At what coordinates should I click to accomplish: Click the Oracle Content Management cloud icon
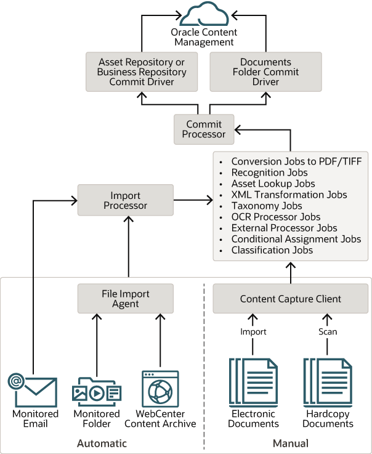point(203,15)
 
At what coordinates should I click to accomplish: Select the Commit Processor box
point(204,129)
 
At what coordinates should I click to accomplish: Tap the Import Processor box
point(125,200)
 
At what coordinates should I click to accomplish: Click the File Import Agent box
point(125,298)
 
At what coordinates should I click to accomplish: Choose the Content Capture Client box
point(290,299)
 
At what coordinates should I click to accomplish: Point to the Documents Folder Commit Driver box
point(265,71)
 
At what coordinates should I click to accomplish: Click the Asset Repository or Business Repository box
point(141,71)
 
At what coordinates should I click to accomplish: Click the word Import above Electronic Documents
point(253,331)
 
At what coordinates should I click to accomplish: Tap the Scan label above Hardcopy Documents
point(328,331)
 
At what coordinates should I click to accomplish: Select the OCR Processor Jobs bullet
point(275,217)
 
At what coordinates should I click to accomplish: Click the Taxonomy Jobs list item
point(266,206)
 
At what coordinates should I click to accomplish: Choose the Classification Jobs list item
point(272,250)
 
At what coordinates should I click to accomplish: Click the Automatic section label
point(102,443)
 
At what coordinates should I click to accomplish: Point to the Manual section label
point(290,443)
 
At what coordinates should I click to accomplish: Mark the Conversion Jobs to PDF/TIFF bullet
point(296,161)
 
